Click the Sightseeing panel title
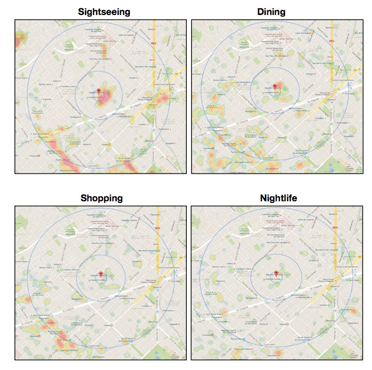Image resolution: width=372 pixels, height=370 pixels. point(104,11)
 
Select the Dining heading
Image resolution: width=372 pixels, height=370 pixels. point(271,11)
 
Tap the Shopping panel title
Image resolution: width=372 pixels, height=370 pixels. point(101,198)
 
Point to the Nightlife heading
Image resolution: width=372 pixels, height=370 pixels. point(274,198)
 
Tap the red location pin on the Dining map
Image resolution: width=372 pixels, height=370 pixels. point(275,86)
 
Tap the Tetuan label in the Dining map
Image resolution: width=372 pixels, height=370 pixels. point(281,137)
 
